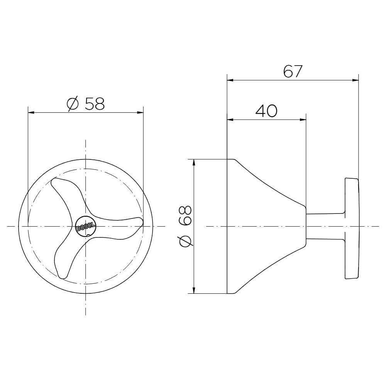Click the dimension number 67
pos(293,71)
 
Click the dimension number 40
pos(266,111)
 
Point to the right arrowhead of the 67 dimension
pos(356,80)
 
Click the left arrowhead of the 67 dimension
pos(230,80)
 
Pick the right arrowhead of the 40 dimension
pos(303,120)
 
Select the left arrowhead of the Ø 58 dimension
pos(31,112)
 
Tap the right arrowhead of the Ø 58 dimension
pos(140,112)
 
